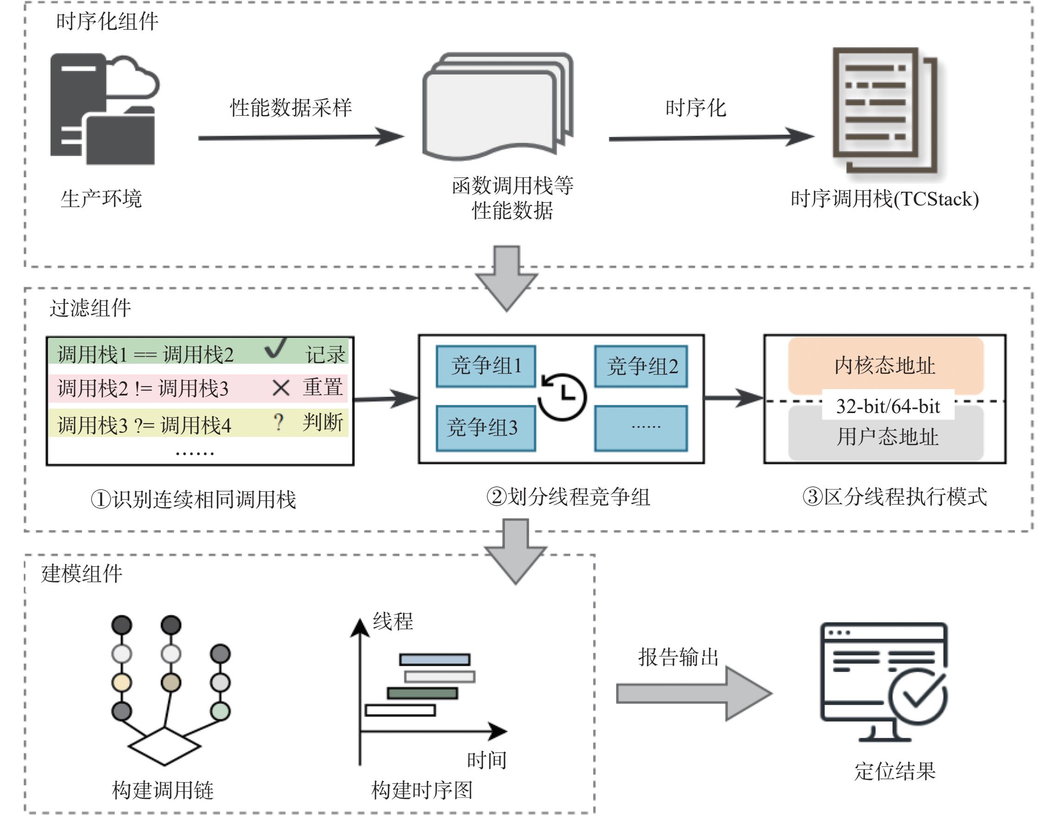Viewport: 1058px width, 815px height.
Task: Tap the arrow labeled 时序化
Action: (x=712, y=137)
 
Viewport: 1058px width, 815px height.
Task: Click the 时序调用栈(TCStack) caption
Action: (x=885, y=199)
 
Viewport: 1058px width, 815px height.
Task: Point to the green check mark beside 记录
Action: (x=276, y=348)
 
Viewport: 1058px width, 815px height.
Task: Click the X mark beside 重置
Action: (x=281, y=388)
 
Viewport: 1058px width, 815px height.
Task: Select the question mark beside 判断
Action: (x=278, y=422)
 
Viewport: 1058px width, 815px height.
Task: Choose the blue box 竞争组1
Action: (x=486, y=366)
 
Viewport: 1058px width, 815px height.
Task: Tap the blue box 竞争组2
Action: (x=641, y=366)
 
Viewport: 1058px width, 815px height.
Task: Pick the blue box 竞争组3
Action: (x=486, y=428)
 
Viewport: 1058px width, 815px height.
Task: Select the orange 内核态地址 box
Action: (x=886, y=366)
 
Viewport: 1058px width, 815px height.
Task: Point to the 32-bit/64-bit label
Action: (x=888, y=406)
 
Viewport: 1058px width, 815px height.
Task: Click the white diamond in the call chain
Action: (x=165, y=746)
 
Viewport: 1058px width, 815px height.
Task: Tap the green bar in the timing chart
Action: (x=422, y=693)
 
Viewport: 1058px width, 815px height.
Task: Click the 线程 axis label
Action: (x=393, y=621)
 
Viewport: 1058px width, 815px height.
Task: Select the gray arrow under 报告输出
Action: (x=694, y=694)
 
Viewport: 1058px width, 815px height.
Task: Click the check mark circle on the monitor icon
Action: (x=918, y=696)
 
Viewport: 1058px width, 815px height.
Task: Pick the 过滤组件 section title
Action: (x=90, y=308)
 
